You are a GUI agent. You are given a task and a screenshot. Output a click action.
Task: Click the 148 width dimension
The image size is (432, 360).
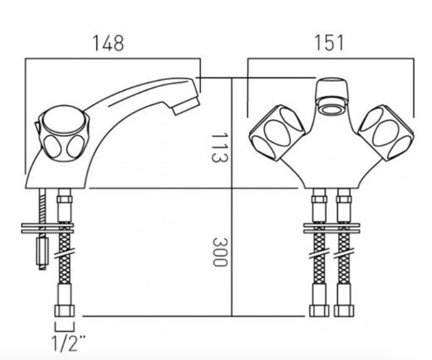pos(108,43)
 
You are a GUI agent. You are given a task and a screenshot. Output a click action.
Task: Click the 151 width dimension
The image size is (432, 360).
pos(329,43)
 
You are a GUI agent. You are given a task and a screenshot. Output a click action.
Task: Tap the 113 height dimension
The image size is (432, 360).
pos(220,147)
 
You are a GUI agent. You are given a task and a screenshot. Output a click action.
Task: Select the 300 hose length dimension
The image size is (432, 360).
pos(220,252)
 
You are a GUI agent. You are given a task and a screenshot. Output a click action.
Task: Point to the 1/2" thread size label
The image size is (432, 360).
pos(68,343)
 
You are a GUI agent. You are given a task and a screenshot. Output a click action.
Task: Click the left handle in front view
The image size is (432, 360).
pos(277,133)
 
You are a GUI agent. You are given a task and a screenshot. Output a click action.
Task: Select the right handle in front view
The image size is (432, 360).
pos(386,133)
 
